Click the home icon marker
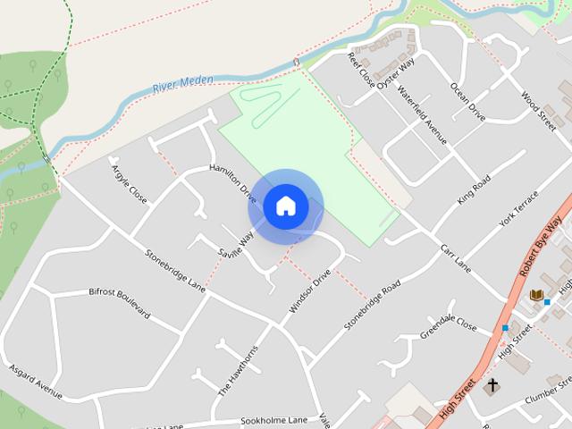click(x=285, y=206)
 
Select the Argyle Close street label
click(x=129, y=181)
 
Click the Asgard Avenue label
click(x=36, y=382)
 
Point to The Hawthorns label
click(x=238, y=370)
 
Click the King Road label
click(x=475, y=190)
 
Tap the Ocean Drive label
click(x=467, y=103)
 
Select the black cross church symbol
click(x=492, y=387)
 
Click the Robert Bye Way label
click(x=541, y=246)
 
